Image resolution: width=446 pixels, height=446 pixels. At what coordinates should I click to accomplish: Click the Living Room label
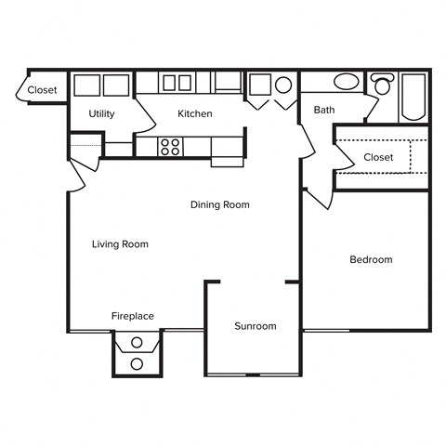pos(120,244)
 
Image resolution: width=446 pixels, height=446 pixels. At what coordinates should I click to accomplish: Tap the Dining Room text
pos(219,204)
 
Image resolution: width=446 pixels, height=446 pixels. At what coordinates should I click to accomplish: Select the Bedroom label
pos(371,259)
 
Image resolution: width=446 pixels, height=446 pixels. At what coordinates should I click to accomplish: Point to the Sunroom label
pos(255,326)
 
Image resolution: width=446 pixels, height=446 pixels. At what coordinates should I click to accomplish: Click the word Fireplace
pos(133,316)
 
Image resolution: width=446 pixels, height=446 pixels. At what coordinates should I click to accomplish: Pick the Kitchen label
pos(195,113)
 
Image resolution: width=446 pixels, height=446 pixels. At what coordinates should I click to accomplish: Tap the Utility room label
pos(101,113)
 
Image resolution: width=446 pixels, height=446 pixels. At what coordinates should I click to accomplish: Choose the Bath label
pos(324,110)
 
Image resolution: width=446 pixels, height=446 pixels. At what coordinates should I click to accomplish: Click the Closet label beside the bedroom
pos(378,157)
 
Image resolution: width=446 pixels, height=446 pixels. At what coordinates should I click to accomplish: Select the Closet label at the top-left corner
pos(42,90)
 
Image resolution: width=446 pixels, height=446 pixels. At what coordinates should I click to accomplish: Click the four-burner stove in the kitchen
pos(170,146)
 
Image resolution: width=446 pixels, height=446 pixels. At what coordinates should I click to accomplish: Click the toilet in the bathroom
pos(382,86)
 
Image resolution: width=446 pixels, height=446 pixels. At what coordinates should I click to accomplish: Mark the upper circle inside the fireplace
pos(138,345)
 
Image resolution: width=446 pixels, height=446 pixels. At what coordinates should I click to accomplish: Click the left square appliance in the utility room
pos(87,85)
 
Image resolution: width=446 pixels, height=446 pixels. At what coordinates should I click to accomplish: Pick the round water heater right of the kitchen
pos(283,85)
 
